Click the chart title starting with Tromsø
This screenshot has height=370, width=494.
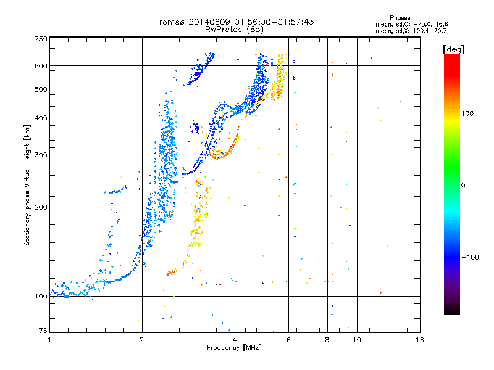tap(234, 22)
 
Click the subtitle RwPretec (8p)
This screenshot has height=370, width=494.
tap(234, 30)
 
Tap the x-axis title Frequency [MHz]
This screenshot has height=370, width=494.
tap(234, 348)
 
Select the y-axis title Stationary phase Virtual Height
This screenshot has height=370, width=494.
tap(27, 186)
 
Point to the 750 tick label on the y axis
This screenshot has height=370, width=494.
tap(41, 39)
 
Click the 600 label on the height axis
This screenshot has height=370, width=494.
tap(41, 66)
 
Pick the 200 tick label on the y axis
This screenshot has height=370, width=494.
tap(41, 207)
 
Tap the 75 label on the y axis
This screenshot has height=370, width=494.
tap(43, 331)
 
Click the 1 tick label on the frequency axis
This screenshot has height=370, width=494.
tap(49, 340)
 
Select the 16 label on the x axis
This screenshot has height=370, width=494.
tap(420, 340)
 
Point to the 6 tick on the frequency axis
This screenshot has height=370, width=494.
tap(288, 340)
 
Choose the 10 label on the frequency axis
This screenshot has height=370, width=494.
tap(357, 340)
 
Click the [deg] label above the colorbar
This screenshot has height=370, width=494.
tap(453, 49)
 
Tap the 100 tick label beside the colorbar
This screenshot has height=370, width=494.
tap(467, 113)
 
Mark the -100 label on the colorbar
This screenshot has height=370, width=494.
tap(470, 257)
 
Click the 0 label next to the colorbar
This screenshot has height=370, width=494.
tap(463, 186)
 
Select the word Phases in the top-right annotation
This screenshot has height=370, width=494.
tap(400, 18)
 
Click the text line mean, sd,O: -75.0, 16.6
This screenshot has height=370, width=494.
tap(411, 24)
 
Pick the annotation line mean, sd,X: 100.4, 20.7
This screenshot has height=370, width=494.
tap(411, 31)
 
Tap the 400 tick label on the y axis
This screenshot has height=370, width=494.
tap(41, 118)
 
